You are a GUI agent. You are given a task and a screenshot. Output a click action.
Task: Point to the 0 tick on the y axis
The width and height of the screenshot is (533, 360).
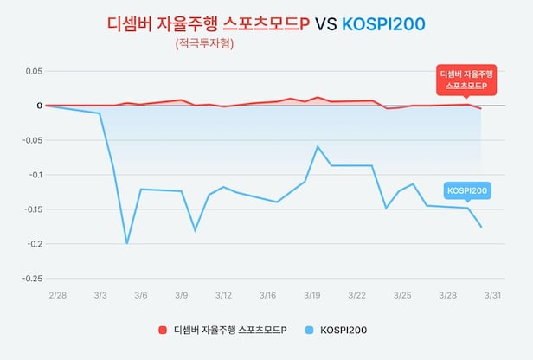(38, 106)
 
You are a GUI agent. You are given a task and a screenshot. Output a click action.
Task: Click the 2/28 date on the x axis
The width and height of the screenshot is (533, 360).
(57, 296)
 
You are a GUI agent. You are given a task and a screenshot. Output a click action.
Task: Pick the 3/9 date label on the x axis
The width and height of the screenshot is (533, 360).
(182, 296)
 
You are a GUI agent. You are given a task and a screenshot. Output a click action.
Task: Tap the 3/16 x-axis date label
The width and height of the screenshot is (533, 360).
(267, 296)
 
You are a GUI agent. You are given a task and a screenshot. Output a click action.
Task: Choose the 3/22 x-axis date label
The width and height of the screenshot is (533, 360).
(356, 296)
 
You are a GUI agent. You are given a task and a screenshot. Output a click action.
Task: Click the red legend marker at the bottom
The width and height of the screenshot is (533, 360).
(162, 330)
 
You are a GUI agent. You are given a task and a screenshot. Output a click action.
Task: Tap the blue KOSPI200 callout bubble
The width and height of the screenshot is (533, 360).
(467, 190)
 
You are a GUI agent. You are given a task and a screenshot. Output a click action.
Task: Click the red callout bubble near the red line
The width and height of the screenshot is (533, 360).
(462, 80)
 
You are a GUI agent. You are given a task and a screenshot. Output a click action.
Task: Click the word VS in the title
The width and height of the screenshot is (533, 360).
(326, 23)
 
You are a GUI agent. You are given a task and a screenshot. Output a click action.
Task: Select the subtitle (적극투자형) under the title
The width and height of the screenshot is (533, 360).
(204, 43)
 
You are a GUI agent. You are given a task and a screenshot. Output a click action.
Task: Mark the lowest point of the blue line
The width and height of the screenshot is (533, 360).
(127, 243)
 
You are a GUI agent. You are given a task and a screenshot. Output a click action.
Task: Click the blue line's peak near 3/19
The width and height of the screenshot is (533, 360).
(318, 146)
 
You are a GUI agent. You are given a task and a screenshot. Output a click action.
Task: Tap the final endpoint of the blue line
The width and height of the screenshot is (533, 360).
(481, 227)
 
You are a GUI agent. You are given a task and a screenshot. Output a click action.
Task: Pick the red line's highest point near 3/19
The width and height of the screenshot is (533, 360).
(318, 97)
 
